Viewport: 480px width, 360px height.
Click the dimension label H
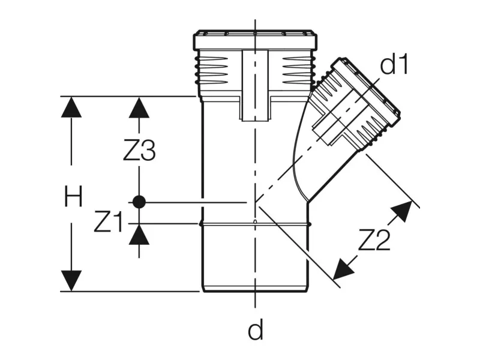(x=73, y=197)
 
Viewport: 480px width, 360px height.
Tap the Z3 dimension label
(x=139, y=151)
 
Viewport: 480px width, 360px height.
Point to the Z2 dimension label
(x=374, y=241)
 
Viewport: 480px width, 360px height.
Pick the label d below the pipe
(x=256, y=329)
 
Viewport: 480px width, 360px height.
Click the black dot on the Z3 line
(x=139, y=202)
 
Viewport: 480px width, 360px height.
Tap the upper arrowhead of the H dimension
(x=71, y=107)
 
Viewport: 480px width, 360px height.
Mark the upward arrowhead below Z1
(x=139, y=235)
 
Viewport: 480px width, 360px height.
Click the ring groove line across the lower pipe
(x=255, y=223)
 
